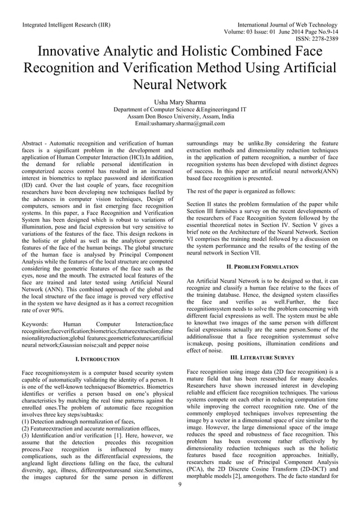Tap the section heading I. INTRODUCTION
point(97,359)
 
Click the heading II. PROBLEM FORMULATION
point(262,266)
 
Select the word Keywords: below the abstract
point(36,324)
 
